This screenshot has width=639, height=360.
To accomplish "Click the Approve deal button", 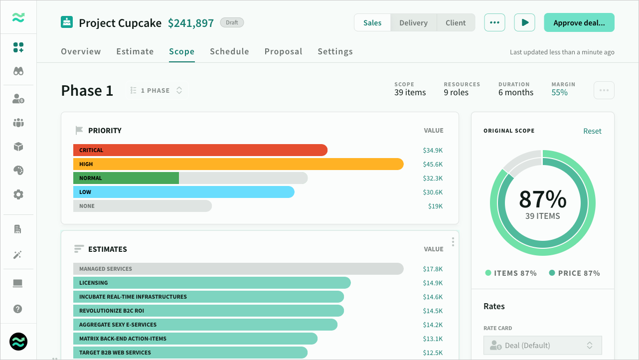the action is [579, 22].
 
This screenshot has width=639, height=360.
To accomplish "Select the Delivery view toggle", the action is [413, 22].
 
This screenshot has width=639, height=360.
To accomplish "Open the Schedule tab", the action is [229, 51].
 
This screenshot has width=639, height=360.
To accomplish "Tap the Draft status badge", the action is [232, 22].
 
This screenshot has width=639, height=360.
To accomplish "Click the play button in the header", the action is [524, 22].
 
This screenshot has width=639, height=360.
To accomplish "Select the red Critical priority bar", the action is [200, 150].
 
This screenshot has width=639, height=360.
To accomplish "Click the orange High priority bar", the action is [238, 164].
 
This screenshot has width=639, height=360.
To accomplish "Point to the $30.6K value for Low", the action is [433, 192].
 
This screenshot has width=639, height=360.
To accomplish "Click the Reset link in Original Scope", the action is [592, 131].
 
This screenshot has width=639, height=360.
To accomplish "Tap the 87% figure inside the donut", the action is [543, 199].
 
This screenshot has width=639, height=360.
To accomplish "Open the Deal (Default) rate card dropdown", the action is [543, 346].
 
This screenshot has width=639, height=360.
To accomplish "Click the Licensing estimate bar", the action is [212, 283].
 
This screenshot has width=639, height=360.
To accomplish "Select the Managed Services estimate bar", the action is [238, 269].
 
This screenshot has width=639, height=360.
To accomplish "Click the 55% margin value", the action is [559, 92].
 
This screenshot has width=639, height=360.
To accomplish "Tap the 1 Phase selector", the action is [157, 90].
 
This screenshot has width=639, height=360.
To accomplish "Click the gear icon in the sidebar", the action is [18, 194].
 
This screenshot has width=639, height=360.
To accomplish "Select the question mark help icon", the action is [17, 309].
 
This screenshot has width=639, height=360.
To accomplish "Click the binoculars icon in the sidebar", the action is [18, 71].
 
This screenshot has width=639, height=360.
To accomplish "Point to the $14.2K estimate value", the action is [433, 325].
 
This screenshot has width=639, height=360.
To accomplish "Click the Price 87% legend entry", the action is [574, 273].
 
